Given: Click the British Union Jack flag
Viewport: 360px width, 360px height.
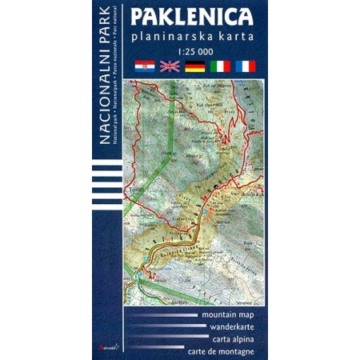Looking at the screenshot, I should coord(170,66).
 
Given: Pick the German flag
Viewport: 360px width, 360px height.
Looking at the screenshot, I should coord(195,66).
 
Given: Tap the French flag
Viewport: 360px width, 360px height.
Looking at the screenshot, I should coord(245,66).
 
